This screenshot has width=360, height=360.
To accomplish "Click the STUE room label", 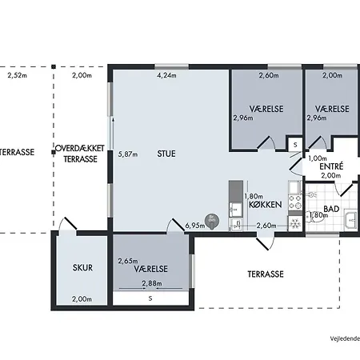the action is coord(166,154).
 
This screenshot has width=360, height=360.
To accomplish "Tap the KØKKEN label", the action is coord(266,205).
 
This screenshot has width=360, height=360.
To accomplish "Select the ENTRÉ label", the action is coord(331,166).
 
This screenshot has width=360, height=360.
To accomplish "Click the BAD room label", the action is coord(331,209).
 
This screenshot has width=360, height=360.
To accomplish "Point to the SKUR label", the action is coord(82,267).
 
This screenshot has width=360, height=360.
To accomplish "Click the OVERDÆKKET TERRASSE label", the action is coord(80,154).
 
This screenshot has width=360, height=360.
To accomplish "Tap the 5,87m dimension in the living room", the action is coord(128,154).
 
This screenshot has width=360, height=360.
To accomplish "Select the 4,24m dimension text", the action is coord(166,75).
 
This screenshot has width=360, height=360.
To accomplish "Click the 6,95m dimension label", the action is coord(195,226).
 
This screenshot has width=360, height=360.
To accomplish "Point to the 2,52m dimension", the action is coord(18,75).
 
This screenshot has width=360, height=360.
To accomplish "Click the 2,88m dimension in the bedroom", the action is coord(152,283).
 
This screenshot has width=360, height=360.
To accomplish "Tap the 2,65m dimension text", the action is coord(128,261).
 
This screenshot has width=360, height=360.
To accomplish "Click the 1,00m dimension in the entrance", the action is coord(318,158).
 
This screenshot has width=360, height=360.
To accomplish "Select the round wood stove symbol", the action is coord(212,222).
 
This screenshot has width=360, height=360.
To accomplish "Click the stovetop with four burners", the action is coord(295,202).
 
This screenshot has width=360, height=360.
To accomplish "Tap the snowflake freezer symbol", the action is coord(295,223).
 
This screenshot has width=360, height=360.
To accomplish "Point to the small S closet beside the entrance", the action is coord(295,145).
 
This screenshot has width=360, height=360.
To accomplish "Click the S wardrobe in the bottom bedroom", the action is coord(150,298).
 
